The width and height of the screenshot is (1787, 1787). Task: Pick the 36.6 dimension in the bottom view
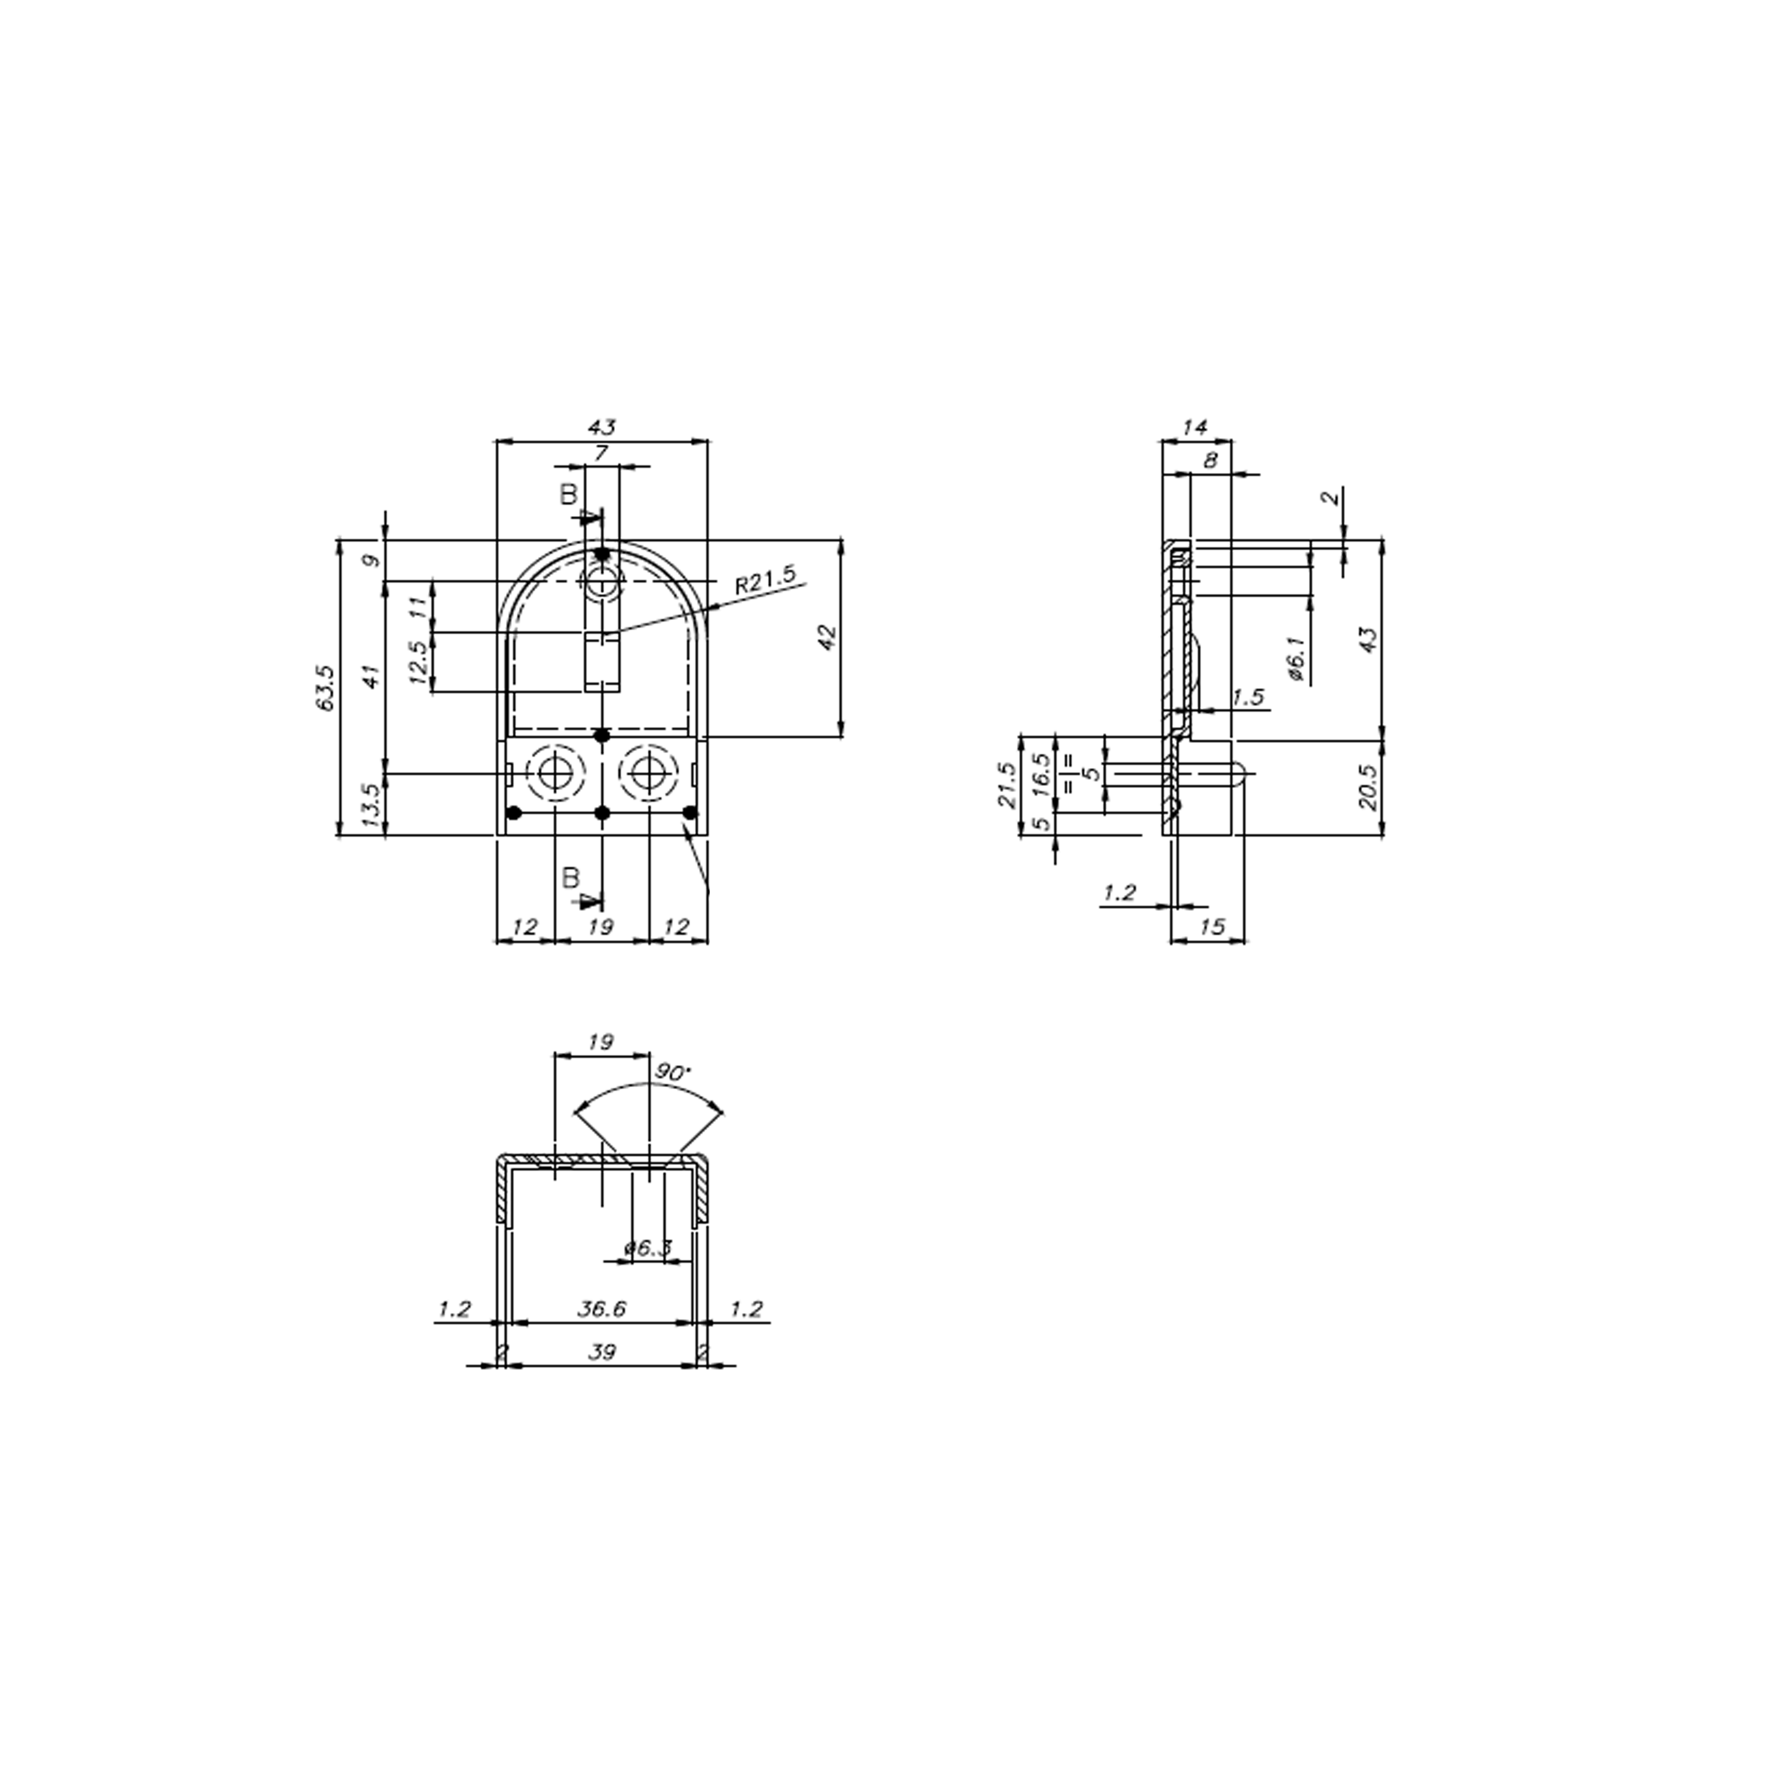coord(601,1309)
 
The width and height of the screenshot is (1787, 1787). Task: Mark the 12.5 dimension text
coord(417,662)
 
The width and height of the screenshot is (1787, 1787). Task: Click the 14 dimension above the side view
coord(1195,427)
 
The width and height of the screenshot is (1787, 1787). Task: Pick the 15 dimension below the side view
coord(1211,927)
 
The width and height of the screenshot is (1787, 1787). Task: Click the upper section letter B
coord(568,495)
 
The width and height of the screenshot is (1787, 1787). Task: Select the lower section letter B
coord(571,878)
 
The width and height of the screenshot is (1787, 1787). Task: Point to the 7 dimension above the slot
coord(601,453)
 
